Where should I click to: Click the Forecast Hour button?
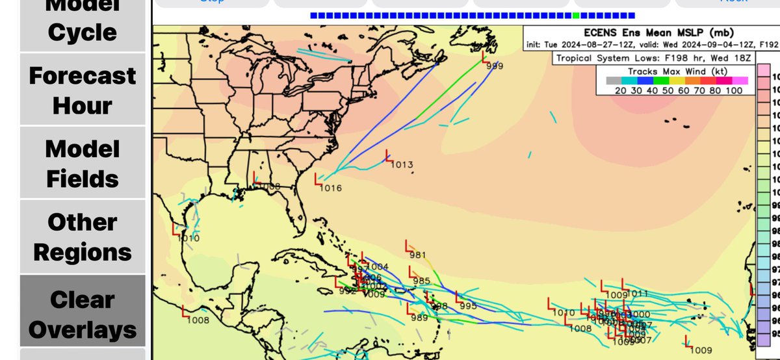83,90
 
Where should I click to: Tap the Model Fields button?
83,163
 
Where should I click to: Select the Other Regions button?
83,237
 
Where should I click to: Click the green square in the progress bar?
577,15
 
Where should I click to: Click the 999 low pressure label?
495,66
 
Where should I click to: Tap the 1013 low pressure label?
402,165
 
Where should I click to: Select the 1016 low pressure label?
331,188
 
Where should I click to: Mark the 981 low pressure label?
417,254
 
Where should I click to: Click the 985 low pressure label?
421,281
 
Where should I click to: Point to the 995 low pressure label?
468,306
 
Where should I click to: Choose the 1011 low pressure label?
638,293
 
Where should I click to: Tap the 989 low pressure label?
419,317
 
